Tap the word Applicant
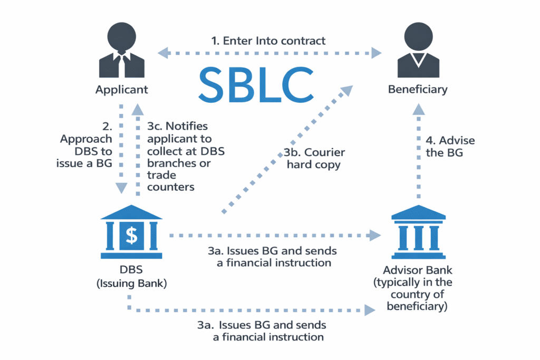pos(122,89)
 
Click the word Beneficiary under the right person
pos(418,89)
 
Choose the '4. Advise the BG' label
pos(450,147)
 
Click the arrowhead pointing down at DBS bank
pos(121,188)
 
